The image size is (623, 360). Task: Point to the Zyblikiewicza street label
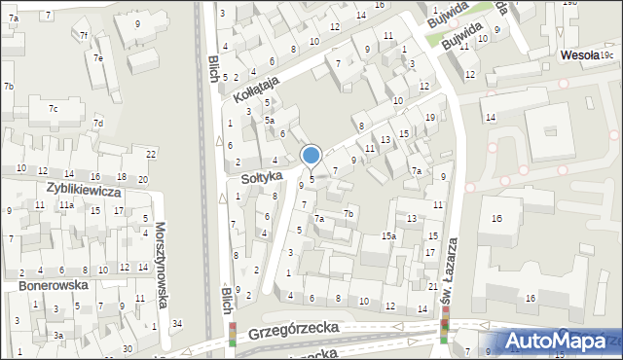(84, 192)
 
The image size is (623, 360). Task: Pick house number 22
(151, 155)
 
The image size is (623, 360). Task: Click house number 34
(176, 323)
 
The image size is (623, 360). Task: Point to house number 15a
(388, 236)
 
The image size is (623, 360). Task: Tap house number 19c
(606, 57)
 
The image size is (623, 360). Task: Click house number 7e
(98, 57)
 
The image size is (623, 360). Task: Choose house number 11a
(65, 205)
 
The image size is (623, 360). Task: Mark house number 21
(432, 286)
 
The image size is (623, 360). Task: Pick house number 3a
(58, 335)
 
